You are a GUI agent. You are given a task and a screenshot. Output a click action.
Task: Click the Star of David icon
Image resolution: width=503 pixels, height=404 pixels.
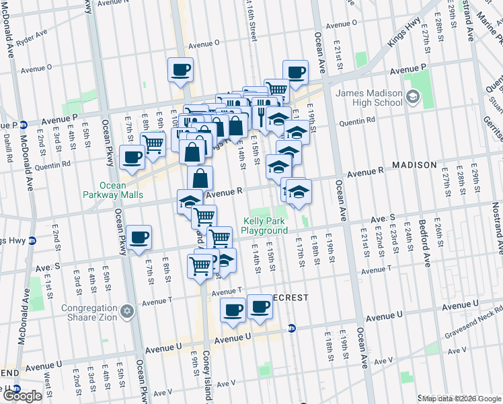pyautogui.click(x=126, y=312)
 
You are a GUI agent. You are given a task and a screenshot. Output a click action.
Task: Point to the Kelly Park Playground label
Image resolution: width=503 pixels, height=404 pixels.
pyautogui.click(x=264, y=226)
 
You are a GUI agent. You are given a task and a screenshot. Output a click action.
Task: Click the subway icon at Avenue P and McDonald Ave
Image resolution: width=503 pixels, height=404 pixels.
pyautogui.click(x=23, y=125)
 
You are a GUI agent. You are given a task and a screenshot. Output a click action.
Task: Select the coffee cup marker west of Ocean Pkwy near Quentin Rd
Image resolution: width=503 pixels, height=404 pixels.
pyautogui.click(x=132, y=158)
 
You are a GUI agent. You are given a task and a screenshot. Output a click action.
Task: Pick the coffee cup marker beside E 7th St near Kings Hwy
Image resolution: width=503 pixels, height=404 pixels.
pyautogui.click(x=139, y=237)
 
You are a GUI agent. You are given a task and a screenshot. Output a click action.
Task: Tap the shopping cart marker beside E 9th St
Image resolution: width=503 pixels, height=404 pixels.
pyautogui.click(x=153, y=143)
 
